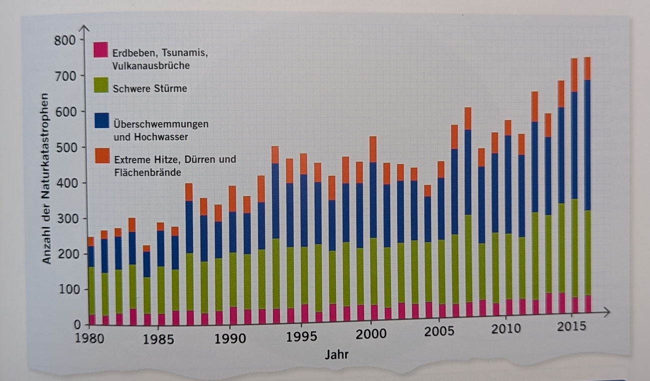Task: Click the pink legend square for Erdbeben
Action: click(x=100, y=50)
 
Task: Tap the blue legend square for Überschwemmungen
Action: click(x=101, y=121)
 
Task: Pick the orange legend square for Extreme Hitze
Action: click(x=101, y=156)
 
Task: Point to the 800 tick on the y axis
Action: click(x=66, y=41)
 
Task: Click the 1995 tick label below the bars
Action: click(x=301, y=335)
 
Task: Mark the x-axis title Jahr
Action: click(x=336, y=355)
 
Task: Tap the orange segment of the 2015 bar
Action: click(x=573, y=75)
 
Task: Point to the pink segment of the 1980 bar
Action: click(x=91, y=319)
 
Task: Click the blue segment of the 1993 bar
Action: click(x=275, y=200)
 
